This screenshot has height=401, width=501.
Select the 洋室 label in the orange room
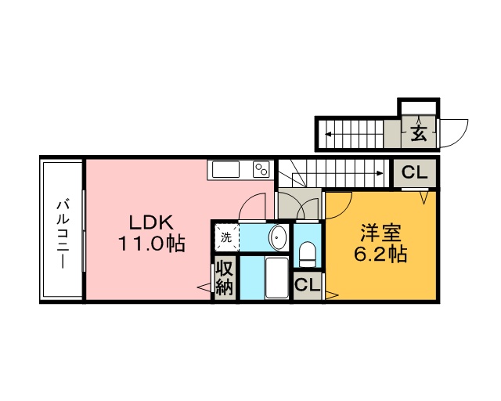pyautogui.click(x=381, y=233)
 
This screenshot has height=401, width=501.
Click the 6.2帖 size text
pyautogui.click(x=381, y=255)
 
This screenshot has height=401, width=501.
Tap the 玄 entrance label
pyautogui.click(x=420, y=133)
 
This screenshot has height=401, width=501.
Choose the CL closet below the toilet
pyautogui.click(x=307, y=285)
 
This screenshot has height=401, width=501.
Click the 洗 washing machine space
pyautogui.click(x=225, y=236)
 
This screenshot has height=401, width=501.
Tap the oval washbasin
pyautogui.click(x=277, y=236)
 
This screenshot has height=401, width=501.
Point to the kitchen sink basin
pyautogui.click(x=226, y=170)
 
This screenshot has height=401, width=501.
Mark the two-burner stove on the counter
pyautogui.click(x=261, y=169)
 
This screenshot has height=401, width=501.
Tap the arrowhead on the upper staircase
pyautogui.click(x=327, y=134)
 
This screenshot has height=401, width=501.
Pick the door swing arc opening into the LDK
pyautogui.click(x=252, y=205)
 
